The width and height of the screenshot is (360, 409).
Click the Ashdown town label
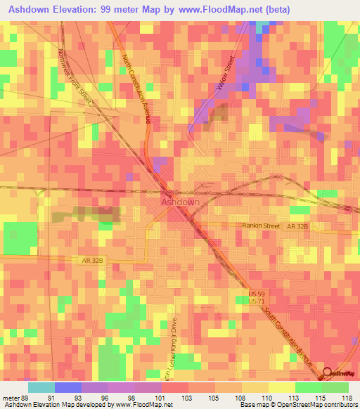click(x=181, y=202)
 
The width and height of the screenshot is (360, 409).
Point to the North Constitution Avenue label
click(x=136, y=89)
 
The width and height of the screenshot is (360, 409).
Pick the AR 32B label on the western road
click(x=92, y=260)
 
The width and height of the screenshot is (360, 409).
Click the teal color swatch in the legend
click(x=41, y=387)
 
